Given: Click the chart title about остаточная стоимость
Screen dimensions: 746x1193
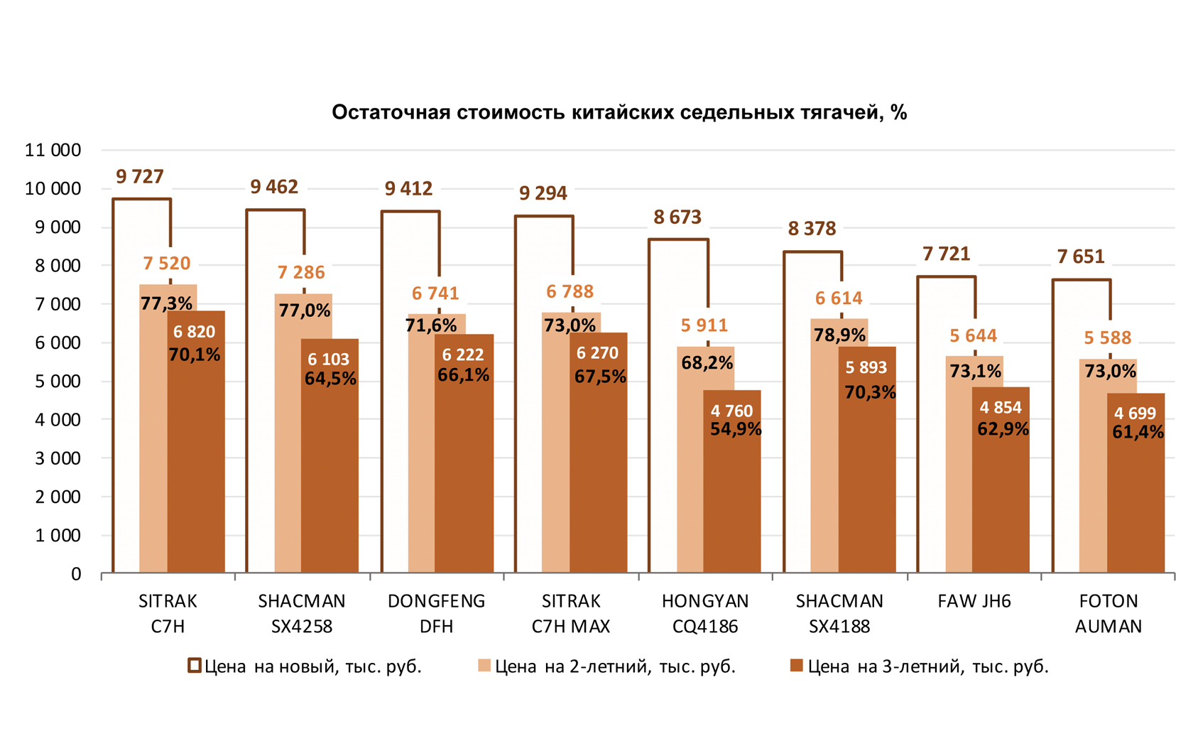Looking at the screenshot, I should pos(619,112).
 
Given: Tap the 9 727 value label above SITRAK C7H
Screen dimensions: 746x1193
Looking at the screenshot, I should pos(140,176).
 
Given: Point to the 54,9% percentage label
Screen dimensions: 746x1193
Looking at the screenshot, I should pos(736,429).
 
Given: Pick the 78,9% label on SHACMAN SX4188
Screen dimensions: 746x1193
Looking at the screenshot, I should pos(839,335).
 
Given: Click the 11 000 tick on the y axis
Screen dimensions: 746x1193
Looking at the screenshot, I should pos(53,150).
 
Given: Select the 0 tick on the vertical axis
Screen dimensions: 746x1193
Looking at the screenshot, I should pos(76,574).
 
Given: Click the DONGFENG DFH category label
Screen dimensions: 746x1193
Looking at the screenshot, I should pos(436,613).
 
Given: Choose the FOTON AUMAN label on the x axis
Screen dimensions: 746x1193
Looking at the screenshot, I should pos(1108,613).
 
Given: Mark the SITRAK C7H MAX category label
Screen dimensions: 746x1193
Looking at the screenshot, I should pos(571,613).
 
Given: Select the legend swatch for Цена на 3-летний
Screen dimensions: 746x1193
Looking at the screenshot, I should pos(797,666).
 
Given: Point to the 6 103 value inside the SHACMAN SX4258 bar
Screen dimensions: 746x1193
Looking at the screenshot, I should pos(329,360).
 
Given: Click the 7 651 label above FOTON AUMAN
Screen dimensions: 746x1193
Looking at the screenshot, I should pos(1081,256).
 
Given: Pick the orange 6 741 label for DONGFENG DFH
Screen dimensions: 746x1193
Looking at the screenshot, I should pos(435,293).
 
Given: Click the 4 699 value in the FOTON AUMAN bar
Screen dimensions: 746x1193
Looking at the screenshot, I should pos(1135,413).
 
